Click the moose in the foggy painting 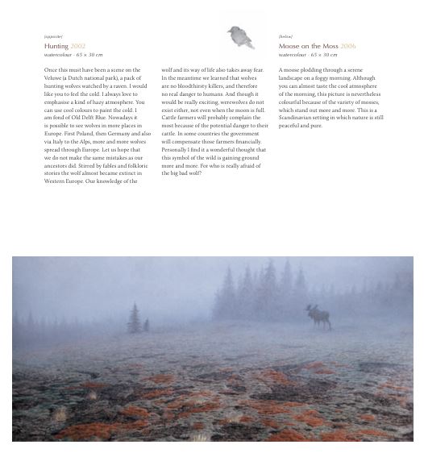tap(317, 314)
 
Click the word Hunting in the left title tap(56, 47)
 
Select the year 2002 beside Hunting tap(77, 47)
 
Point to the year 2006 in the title tap(347, 47)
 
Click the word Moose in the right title tap(289, 47)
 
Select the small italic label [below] tap(285, 36)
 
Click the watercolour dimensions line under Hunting tap(73, 55)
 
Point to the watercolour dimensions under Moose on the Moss tap(308, 55)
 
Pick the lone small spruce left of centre tap(134, 318)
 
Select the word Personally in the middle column tap(176, 150)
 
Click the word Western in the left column tap(56, 181)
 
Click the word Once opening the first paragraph tap(51, 70)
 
